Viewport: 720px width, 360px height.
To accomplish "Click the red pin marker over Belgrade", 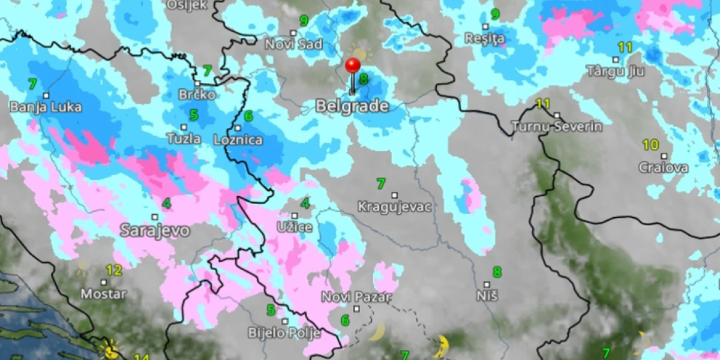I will click(353, 65).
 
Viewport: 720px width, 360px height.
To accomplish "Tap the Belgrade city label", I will click(352, 106).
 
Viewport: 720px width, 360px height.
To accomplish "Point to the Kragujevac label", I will click(395, 207).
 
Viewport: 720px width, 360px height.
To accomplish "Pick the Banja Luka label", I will click(46, 107).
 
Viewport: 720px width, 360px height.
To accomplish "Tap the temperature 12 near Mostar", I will click(113, 270).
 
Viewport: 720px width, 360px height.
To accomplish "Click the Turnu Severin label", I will click(557, 127).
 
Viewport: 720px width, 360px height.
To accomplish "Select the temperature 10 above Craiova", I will click(650, 145).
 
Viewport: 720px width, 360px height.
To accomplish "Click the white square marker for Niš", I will click(487, 284).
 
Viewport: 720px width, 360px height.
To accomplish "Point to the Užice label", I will click(294, 227).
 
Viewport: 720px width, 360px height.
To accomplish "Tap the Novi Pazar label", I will click(356, 297).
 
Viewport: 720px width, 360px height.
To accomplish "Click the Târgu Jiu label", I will click(616, 71).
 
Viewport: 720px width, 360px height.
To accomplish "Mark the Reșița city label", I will click(485, 39).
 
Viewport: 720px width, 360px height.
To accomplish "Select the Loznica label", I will click(238, 140).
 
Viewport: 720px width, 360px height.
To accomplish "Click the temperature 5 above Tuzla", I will click(194, 115).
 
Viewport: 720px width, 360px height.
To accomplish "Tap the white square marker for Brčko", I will click(197, 83).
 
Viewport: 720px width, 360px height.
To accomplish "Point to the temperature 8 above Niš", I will click(497, 272).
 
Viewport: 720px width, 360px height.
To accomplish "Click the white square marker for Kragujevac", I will click(395, 195).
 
